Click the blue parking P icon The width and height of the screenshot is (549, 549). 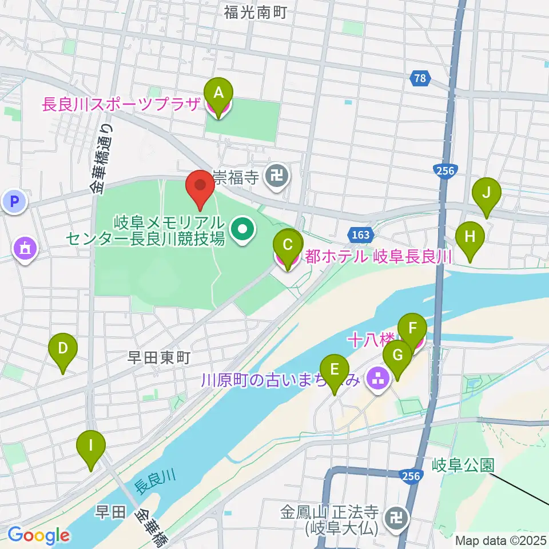click(14, 201)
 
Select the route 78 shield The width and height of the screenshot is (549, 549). click(420, 79)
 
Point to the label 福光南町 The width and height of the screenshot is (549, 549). click(255, 11)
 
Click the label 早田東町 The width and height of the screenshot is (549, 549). click(158, 359)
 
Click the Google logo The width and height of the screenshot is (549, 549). click(38, 536)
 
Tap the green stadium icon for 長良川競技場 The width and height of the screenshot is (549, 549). click(243, 230)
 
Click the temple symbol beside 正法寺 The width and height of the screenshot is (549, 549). click(395, 518)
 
